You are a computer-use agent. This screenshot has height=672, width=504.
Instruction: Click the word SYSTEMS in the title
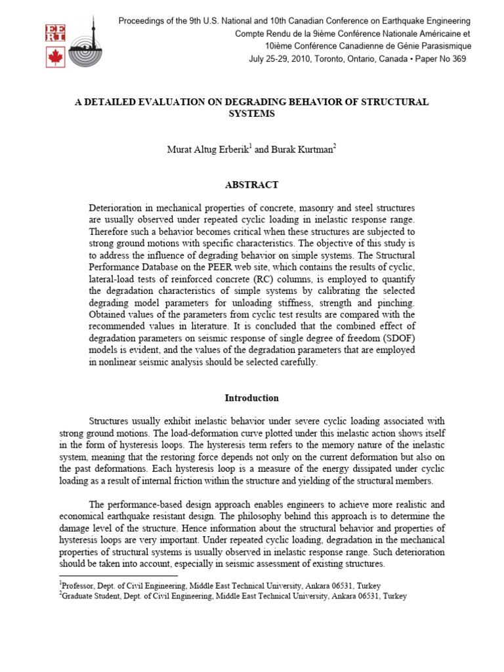tap(251, 114)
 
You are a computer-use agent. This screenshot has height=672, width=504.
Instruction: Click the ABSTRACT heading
tap(251, 185)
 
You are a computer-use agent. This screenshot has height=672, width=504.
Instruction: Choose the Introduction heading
tap(251, 398)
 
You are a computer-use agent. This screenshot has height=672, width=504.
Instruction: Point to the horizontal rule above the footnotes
tap(118, 576)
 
